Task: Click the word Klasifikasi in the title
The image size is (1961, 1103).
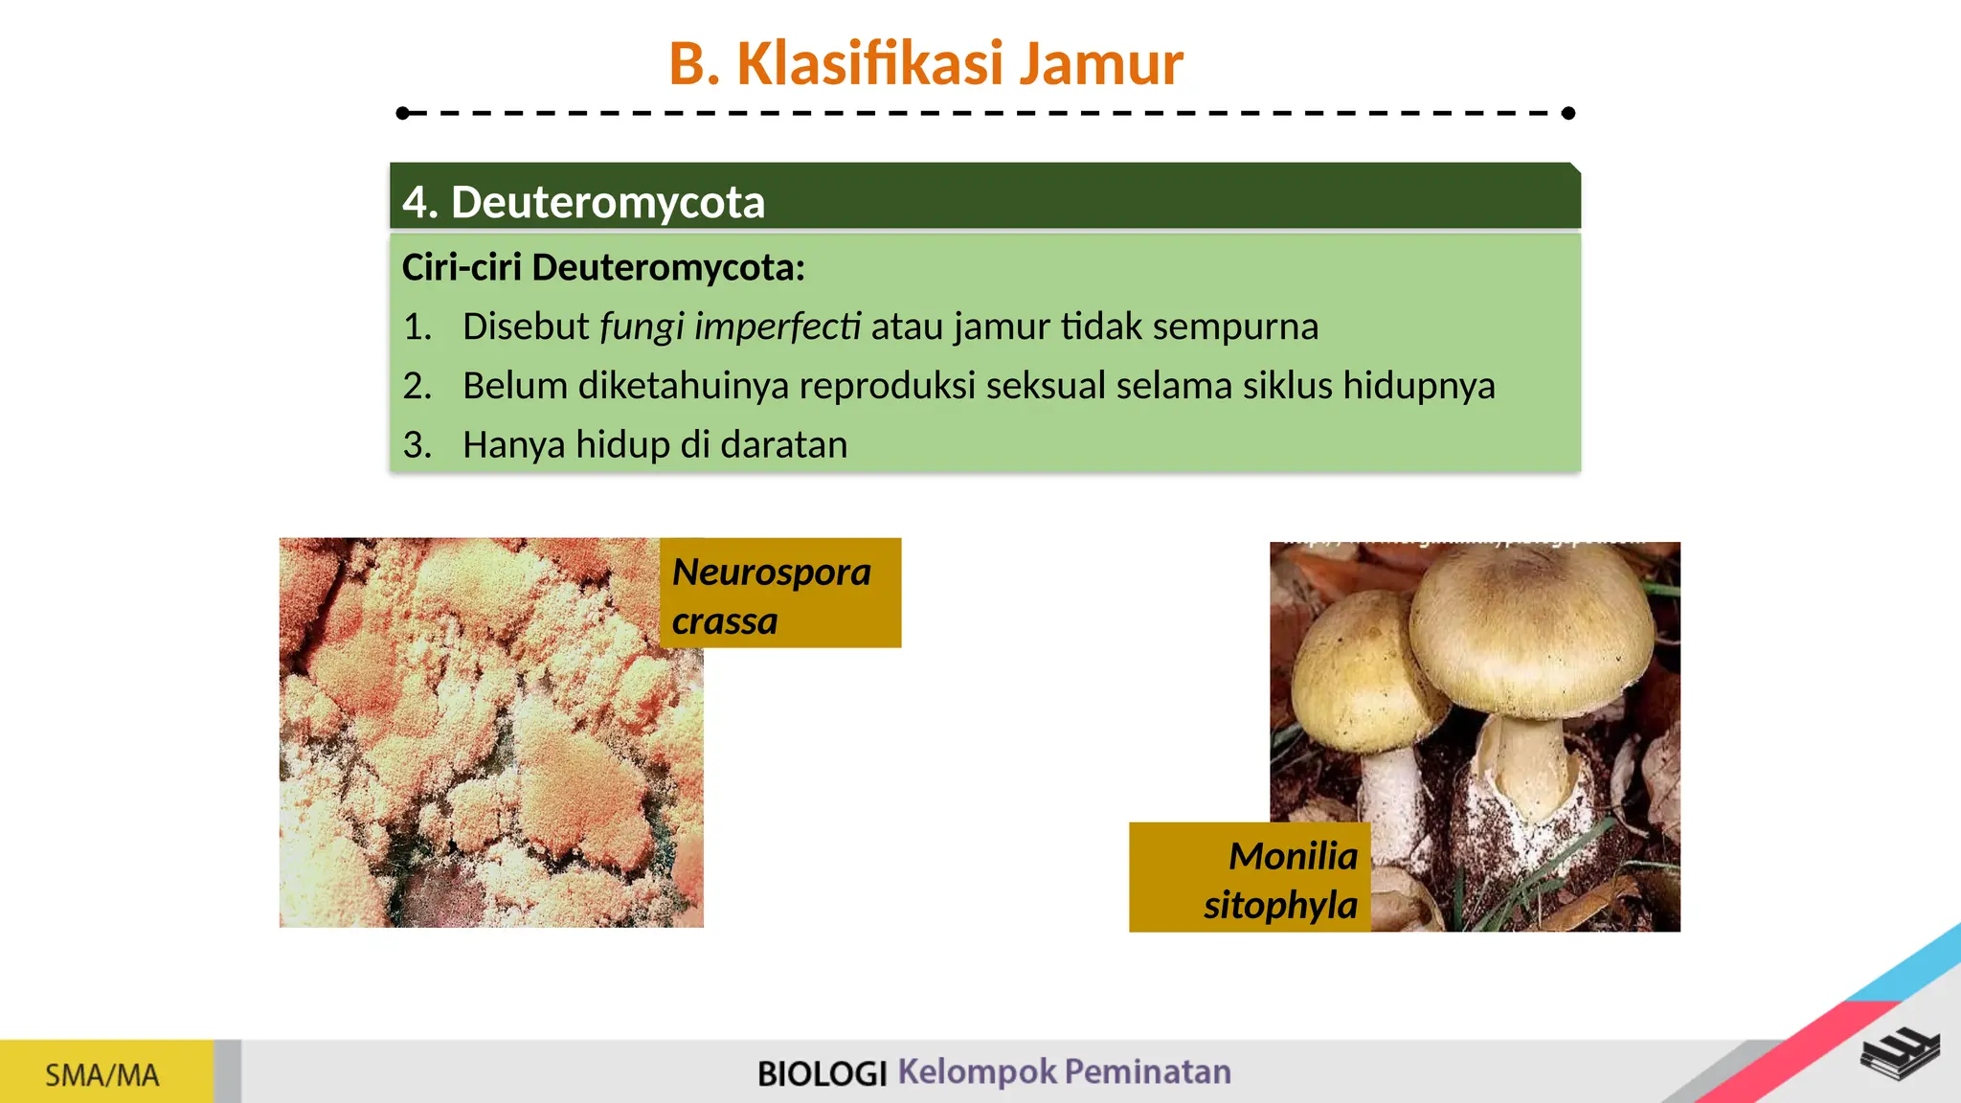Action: (869, 64)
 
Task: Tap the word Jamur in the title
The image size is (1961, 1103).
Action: (1100, 64)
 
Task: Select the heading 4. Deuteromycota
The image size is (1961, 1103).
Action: (583, 202)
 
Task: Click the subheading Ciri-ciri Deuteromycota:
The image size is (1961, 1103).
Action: (603, 267)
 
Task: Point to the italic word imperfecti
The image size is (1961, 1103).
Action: (778, 326)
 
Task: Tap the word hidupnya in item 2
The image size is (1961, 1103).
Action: (1418, 386)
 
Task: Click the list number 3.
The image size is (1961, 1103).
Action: (417, 445)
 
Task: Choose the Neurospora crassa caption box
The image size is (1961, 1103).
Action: (779, 594)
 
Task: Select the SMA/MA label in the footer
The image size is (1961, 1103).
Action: (102, 1075)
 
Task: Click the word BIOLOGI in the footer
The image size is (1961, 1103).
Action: (822, 1073)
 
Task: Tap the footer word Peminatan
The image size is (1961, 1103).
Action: (1147, 1071)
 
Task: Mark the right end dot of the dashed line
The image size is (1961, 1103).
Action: (1567, 113)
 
